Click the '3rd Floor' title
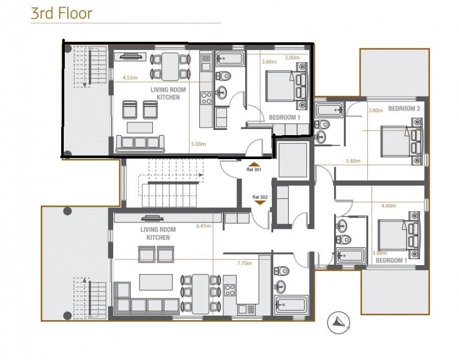62,13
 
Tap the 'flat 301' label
254,169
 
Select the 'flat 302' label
260,197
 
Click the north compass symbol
339,323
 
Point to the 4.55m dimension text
130,78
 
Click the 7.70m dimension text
244,263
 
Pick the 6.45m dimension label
203,226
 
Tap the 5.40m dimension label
353,161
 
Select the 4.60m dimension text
389,206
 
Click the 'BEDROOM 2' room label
404,109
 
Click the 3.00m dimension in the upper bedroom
292,58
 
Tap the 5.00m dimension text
198,144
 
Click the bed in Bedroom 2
401,141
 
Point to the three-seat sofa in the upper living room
140,144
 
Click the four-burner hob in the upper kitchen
206,98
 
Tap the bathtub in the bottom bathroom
291,305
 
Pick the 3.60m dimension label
269,62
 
